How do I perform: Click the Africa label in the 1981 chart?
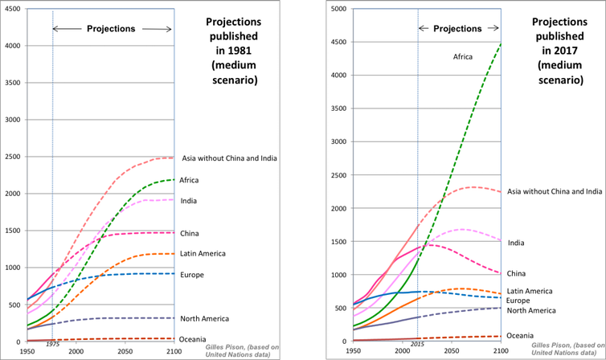tap(190, 180)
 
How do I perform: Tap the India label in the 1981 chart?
tap(189, 200)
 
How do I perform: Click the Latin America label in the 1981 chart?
tap(203, 253)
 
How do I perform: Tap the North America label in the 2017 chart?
tap(530, 310)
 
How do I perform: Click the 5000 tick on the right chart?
tap(337, 9)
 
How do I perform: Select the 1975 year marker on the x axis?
tap(52, 344)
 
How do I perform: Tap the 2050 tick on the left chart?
tap(125, 351)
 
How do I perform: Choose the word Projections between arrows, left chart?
tap(113, 29)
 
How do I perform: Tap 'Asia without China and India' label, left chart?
tap(230, 157)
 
